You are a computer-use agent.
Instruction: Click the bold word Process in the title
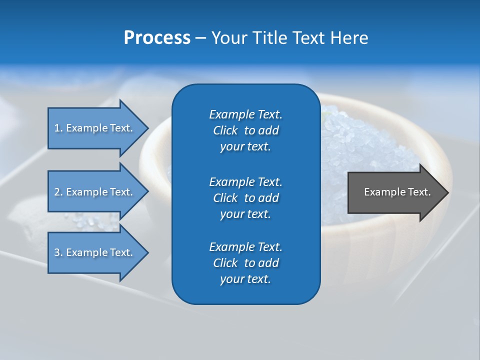pyautogui.click(x=157, y=37)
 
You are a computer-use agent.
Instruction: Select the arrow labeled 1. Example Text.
pyautogui.click(x=95, y=128)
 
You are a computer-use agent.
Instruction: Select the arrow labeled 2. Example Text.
pyautogui.click(x=95, y=192)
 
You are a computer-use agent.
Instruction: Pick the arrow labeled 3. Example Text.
pyautogui.click(x=95, y=252)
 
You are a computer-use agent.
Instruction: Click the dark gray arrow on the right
pyautogui.click(x=395, y=192)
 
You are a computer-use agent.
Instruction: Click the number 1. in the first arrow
pyautogui.click(x=58, y=128)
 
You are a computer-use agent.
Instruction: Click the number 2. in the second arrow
pyautogui.click(x=58, y=192)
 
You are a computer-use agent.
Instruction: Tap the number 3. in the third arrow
pyautogui.click(x=58, y=252)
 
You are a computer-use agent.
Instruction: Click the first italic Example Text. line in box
pyautogui.click(x=245, y=114)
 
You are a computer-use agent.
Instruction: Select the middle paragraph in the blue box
pyautogui.click(x=245, y=197)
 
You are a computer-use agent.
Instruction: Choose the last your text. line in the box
pyautogui.click(x=245, y=279)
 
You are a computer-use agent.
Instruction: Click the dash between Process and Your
pyautogui.click(x=201, y=38)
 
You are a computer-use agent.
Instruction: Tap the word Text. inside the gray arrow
pyautogui.click(x=418, y=192)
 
